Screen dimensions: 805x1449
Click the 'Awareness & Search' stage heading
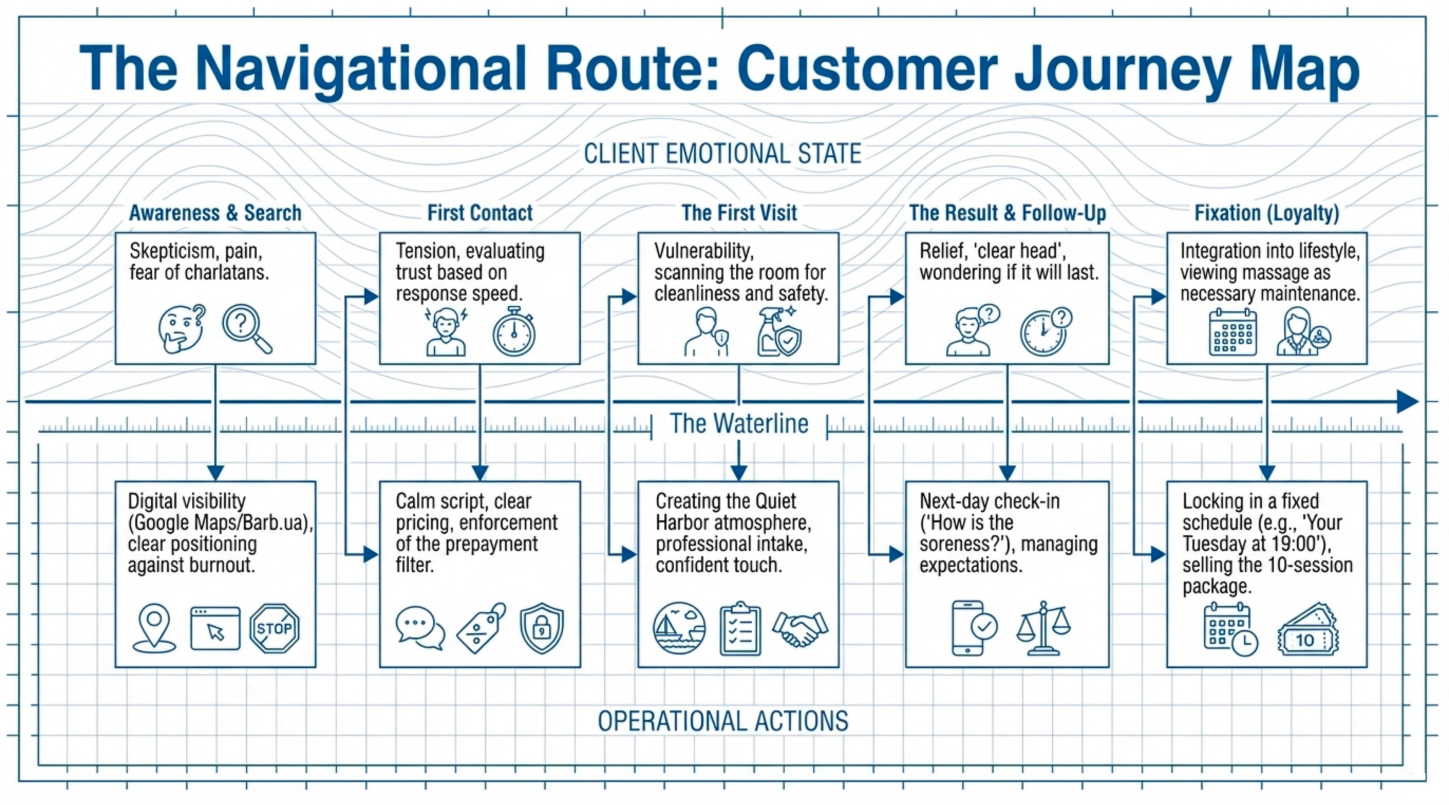coord(215,213)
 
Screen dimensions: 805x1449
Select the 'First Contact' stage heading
coord(479,213)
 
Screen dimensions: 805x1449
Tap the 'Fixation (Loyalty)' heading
coord(1266,213)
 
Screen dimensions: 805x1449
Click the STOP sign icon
coord(274,628)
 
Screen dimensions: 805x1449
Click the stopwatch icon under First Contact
coord(513,332)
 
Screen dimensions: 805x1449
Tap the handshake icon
coord(800,628)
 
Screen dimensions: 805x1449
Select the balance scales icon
coord(1043,628)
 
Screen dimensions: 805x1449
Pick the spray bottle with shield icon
coord(778,332)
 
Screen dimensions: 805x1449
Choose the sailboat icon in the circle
coord(679,628)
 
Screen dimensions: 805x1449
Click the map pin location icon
coord(154,628)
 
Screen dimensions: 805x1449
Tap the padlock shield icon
coord(542,628)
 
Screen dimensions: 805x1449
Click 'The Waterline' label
coord(739,424)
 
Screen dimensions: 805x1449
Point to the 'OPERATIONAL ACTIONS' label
coord(723,721)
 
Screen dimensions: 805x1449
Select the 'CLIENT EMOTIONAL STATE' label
coord(722,154)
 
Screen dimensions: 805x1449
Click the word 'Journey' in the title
coord(1121,69)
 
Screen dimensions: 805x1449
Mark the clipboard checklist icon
coord(740,630)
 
